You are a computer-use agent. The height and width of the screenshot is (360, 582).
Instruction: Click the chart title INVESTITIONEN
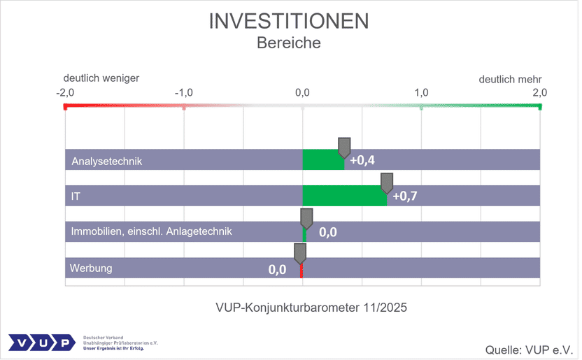pos(289,20)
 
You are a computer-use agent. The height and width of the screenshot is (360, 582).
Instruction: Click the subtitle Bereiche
pos(289,43)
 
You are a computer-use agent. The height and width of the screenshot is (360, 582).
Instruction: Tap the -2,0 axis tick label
pos(65,92)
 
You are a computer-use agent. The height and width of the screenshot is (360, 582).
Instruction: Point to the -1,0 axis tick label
pos(183,92)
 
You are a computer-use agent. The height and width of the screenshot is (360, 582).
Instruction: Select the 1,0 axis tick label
pos(422,92)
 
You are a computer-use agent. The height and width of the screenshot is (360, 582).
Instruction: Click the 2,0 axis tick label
pos(540,92)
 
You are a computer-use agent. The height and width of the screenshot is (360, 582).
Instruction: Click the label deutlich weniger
pos(101,78)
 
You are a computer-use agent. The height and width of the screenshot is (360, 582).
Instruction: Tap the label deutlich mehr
pos(510,79)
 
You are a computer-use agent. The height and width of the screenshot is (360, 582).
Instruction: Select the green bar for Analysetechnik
pos(322,161)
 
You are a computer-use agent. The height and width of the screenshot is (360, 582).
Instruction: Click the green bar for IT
pos(343,196)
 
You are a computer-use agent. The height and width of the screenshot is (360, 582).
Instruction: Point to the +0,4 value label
pos(362,160)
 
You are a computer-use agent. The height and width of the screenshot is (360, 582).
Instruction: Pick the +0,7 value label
pos(405,196)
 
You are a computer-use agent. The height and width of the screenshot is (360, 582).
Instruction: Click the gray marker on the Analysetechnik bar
pos(344,147)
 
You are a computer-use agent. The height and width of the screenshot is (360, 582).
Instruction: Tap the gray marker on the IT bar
pos(387,182)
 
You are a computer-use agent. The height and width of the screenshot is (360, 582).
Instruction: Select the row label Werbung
pos(91,268)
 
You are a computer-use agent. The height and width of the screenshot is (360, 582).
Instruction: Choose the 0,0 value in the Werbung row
pos(278,268)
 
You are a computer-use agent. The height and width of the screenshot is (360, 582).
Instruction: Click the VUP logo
pos(41,343)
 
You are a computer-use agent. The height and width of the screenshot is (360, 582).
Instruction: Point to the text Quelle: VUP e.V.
pos(530,348)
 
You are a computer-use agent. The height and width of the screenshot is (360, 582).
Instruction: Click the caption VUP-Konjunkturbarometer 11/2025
pos(303,307)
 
